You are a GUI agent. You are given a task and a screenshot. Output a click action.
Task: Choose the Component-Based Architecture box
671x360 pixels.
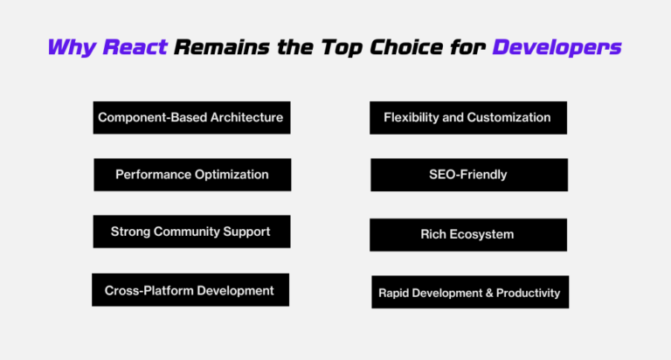point(191,117)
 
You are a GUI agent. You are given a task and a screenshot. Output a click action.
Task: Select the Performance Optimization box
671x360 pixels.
point(192,175)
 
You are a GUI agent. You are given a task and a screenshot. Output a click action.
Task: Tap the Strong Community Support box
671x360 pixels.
point(191,232)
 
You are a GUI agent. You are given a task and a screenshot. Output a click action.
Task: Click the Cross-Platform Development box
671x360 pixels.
point(190,290)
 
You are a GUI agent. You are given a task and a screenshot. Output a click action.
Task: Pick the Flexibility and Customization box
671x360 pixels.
point(467,117)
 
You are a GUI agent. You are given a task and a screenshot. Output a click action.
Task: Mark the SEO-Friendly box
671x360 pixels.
point(468,175)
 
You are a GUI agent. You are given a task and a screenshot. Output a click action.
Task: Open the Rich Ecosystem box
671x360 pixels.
point(467,234)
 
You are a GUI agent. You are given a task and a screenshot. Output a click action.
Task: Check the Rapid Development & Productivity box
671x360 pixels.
point(469,293)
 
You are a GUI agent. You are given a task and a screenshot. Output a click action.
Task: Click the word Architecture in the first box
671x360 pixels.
point(243,117)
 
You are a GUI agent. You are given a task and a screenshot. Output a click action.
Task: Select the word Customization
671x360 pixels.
point(509,117)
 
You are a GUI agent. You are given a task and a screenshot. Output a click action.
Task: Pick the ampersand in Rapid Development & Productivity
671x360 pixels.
point(488,293)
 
